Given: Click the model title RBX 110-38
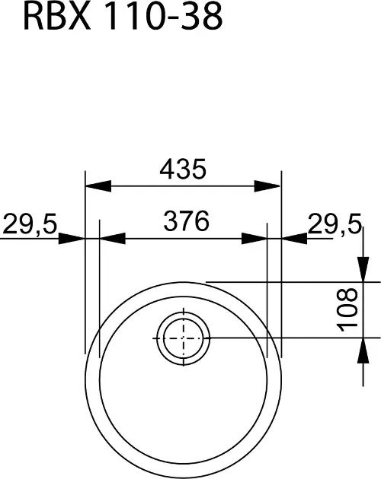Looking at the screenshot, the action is (123, 17).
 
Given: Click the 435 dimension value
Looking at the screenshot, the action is (183, 170).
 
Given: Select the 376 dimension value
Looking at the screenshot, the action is (186, 220).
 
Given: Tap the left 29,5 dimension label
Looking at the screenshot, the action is (30, 225).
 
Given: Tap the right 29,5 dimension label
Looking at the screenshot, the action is (335, 224).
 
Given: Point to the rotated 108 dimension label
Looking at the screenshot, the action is (347, 309).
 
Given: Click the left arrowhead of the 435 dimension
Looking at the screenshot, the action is (98, 186).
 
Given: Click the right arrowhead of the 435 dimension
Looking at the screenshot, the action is (267, 186).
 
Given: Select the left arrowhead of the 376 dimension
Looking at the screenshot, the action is (113, 239).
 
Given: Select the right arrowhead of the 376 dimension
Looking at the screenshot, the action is (255, 239).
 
